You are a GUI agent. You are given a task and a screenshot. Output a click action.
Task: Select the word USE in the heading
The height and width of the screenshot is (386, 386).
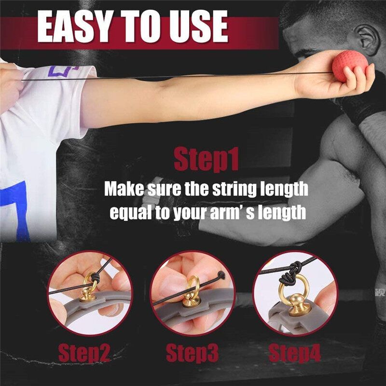(199, 27)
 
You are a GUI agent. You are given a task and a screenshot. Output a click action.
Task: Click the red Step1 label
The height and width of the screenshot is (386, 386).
(207, 160)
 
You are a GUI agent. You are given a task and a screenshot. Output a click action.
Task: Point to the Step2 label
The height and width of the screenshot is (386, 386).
(84, 353)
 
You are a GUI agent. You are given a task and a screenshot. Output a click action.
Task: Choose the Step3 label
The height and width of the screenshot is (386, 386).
(192, 353)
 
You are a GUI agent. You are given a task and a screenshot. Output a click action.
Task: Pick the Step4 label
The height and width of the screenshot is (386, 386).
(295, 353)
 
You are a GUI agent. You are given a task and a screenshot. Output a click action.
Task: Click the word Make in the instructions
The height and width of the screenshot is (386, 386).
(124, 189)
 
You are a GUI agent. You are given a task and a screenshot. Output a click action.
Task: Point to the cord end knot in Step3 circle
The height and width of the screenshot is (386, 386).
(221, 275)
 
